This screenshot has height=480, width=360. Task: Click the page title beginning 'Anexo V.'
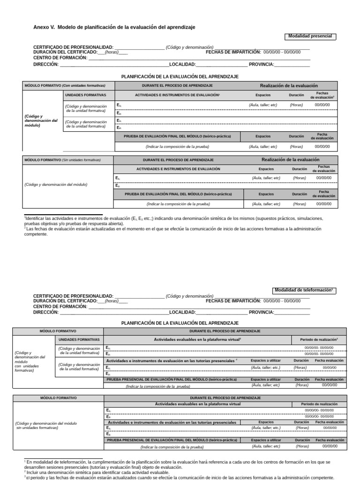(x=114, y=27)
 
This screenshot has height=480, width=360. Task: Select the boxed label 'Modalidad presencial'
(x=310, y=36)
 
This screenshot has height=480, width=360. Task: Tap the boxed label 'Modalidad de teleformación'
(x=304, y=291)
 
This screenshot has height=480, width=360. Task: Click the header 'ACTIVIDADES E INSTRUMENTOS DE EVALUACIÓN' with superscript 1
(x=177, y=95)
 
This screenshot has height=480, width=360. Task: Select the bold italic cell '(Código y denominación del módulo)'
(x=41, y=121)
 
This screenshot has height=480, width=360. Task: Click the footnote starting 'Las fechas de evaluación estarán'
(x=173, y=232)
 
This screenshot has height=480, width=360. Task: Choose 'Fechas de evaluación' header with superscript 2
(x=322, y=95)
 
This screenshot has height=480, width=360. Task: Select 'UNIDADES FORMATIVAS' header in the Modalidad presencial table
(x=85, y=95)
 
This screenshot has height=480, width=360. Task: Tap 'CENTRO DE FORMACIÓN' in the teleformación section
(x=60, y=306)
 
